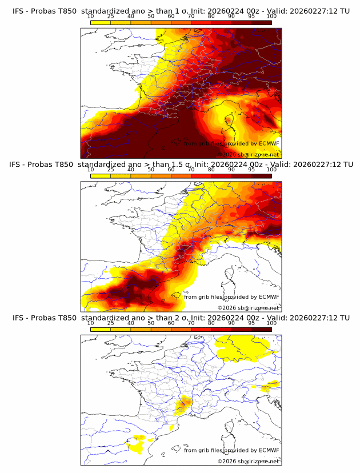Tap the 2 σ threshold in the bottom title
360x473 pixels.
172,318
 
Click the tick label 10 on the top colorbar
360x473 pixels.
90,17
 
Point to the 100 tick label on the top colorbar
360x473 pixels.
271,17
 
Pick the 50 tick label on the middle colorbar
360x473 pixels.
151,170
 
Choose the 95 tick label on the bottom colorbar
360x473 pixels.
251,323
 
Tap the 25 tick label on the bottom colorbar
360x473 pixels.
110,323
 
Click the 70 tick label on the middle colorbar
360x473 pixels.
191,170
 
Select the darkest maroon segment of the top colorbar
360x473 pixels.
261,22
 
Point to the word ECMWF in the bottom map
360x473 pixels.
269,450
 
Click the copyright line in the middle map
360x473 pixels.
248,307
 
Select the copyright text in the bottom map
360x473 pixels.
248,460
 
